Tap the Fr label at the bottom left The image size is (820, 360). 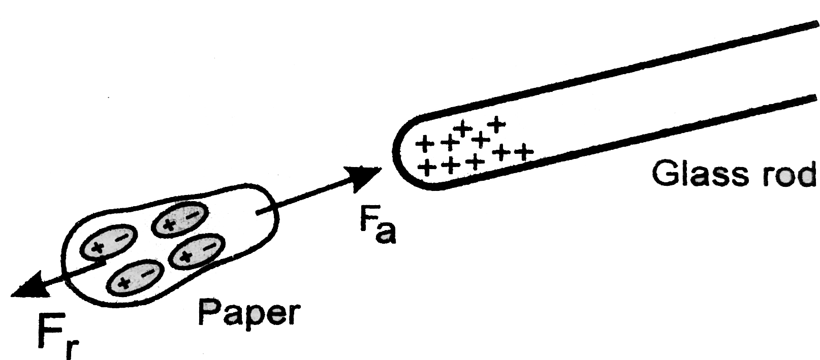click(x=58, y=336)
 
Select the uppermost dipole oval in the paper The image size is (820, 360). click(x=179, y=219)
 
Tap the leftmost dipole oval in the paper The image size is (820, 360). click(x=108, y=242)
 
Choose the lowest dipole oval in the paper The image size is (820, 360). click(x=135, y=277)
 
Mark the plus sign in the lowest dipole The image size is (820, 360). click(x=124, y=282)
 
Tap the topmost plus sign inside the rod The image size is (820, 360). click(x=497, y=125)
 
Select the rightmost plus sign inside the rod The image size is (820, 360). click(x=523, y=151)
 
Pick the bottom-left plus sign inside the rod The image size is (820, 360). click(x=426, y=168)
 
